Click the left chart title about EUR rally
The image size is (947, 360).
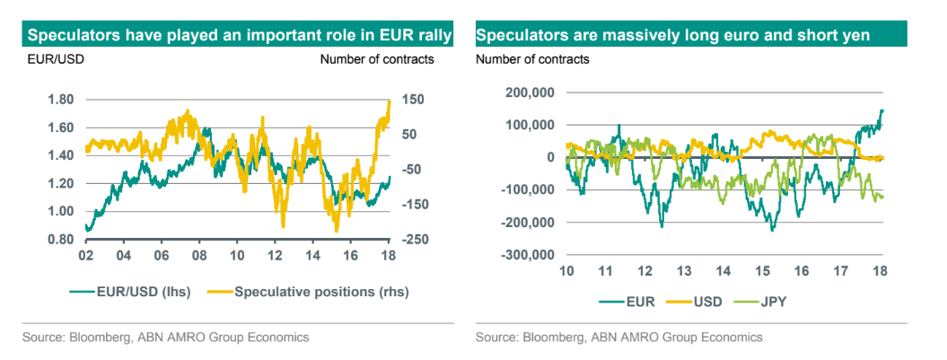tap(239, 36)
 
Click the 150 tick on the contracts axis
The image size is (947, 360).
tap(416, 100)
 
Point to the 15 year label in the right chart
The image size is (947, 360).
tap(763, 271)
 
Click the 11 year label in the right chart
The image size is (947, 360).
tap(607, 271)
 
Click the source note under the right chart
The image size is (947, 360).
tap(618, 338)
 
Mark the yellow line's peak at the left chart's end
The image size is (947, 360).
tap(390, 101)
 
